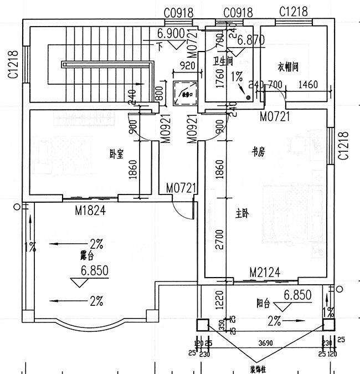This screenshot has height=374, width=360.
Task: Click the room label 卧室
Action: tap(116, 155)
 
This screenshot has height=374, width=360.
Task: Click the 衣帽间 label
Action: tap(288, 67)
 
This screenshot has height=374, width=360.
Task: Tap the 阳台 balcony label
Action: tap(263, 303)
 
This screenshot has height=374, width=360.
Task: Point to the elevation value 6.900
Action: tap(171, 34)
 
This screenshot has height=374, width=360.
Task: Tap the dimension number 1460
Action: tap(307, 84)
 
